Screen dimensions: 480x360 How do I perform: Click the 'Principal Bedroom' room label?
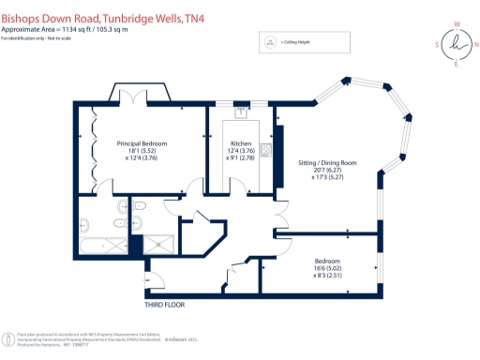coord(142,142)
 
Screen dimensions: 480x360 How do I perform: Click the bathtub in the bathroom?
coord(101,246)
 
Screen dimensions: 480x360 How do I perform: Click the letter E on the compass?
coord(457,65)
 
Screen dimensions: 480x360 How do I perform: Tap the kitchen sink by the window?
coord(240,112)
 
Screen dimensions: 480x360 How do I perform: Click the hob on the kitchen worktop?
coord(266,149)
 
